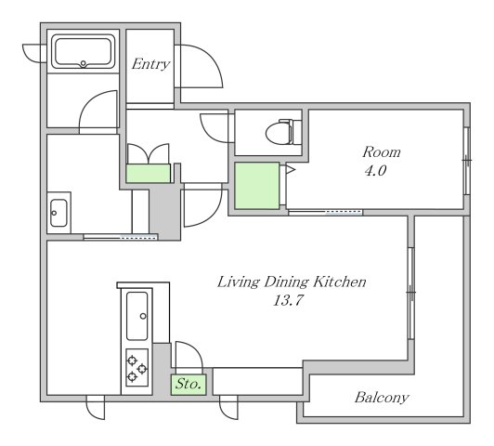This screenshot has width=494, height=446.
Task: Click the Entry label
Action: point(151,64)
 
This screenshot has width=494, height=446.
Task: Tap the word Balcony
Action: point(382,398)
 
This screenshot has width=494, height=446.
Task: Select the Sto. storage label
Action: point(188,384)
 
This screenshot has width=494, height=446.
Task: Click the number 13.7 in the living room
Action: point(288,300)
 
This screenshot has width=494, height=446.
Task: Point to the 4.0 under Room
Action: point(375,171)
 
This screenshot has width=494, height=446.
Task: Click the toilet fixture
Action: point(283,132)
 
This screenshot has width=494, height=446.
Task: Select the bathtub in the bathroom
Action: point(84,52)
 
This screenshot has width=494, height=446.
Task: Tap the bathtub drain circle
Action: point(84,63)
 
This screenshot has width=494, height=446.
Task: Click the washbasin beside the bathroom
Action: point(58,213)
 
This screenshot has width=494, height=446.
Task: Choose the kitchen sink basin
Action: point(137,316)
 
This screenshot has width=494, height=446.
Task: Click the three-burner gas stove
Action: point(137,368)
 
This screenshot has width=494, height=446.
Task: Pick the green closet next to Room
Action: point(257,186)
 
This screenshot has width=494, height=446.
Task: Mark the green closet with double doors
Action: point(148,173)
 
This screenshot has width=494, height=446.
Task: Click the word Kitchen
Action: point(340,282)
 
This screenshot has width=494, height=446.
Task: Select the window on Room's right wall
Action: point(467,161)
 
